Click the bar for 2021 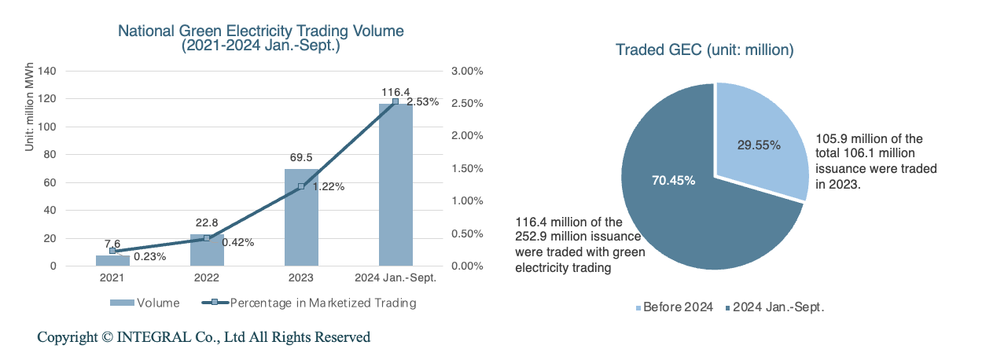click(112, 260)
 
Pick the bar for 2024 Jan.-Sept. click(396, 185)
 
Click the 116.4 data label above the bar click(396, 92)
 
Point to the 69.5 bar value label click(301, 158)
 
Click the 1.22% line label click(329, 187)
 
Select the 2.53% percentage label click(423, 101)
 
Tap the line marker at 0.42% click(207, 238)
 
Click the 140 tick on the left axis click(48, 71)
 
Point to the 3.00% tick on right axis click(467, 71)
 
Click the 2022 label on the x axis click(207, 277)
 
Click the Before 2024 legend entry click(672, 307)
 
